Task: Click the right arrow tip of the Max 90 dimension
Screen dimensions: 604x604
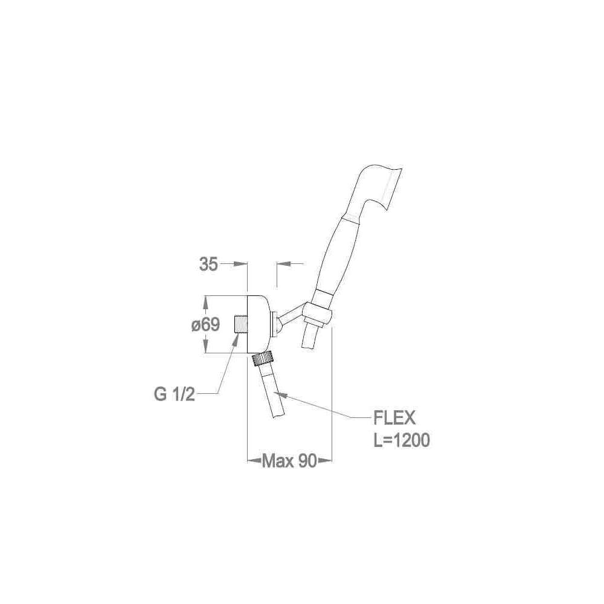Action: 332,460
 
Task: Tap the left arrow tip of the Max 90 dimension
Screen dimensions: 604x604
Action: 247,460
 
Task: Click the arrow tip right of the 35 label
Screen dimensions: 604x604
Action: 246,264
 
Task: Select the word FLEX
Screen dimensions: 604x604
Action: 394,417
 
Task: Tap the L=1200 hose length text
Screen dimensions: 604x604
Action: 402,440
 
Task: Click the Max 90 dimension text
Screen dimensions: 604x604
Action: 289,461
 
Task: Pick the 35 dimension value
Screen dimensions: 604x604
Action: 209,265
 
